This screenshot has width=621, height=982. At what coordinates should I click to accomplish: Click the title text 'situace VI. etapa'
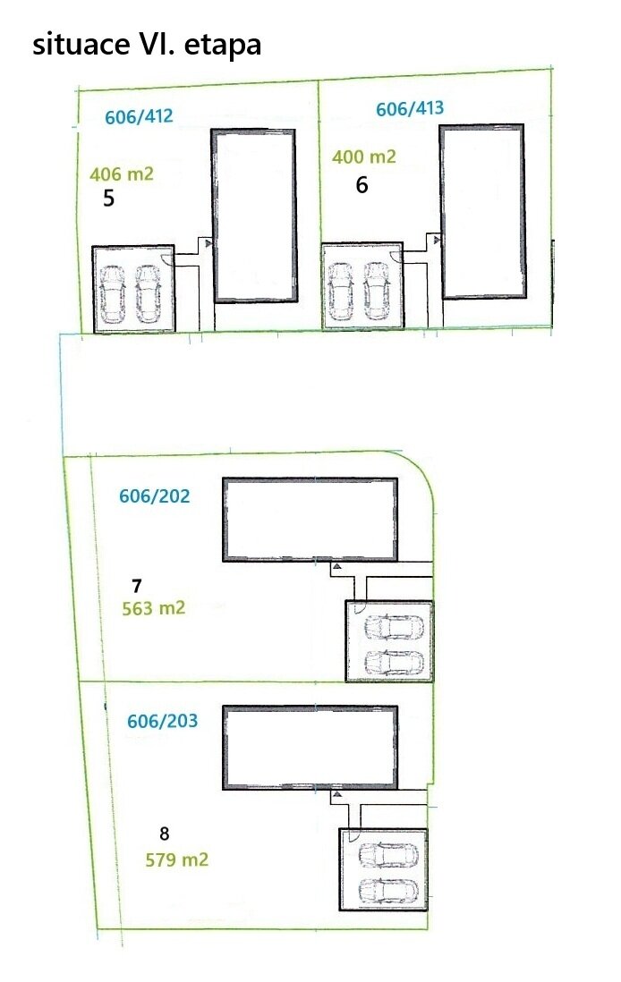pyautogui.click(x=147, y=45)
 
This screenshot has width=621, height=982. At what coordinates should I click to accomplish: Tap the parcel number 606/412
pyautogui.click(x=139, y=116)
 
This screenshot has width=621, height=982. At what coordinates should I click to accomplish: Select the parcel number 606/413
pyautogui.click(x=410, y=108)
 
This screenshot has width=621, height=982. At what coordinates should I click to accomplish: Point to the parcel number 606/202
pyautogui.click(x=154, y=496)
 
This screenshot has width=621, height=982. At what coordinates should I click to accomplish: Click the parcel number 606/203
pyautogui.click(x=162, y=721)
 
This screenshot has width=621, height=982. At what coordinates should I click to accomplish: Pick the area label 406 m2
pyautogui.click(x=122, y=174)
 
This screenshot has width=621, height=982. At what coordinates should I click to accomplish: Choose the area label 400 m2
pyautogui.click(x=364, y=157)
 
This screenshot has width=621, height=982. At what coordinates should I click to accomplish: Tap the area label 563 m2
pyautogui.click(x=154, y=608)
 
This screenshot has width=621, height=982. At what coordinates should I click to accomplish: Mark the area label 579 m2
pyautogui.click(x=176, y=859)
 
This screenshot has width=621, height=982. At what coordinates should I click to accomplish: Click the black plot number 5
pyautogui.click(x=109, y=199)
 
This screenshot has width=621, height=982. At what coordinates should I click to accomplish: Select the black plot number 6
pyautogui.click(x=362, y=185)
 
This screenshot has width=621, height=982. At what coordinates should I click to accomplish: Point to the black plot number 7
pyautogui.click(x=137, y=586)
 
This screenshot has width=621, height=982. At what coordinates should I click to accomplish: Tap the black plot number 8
pyautogui.click(x=164, y=834)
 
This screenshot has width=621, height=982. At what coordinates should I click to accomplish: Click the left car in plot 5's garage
pyautogui.click(x=112, y=293)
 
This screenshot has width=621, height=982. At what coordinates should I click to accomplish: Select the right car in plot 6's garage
pyautogui.click(x=377, y=290)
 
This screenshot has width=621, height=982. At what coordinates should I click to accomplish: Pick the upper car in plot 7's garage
pyautogui.click(x=394, y=628)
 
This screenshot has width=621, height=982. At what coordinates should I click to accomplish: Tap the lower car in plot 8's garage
pyautogui.click(x=387, y=890)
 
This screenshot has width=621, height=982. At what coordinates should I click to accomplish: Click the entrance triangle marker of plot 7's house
pyautogui.click(x=336, y=566)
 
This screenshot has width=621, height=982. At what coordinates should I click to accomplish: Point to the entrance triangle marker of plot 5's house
pyautogui.click(x=208, y=243)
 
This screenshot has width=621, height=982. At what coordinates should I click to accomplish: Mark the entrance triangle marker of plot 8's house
pyautogui.click(x=336, y=794)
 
